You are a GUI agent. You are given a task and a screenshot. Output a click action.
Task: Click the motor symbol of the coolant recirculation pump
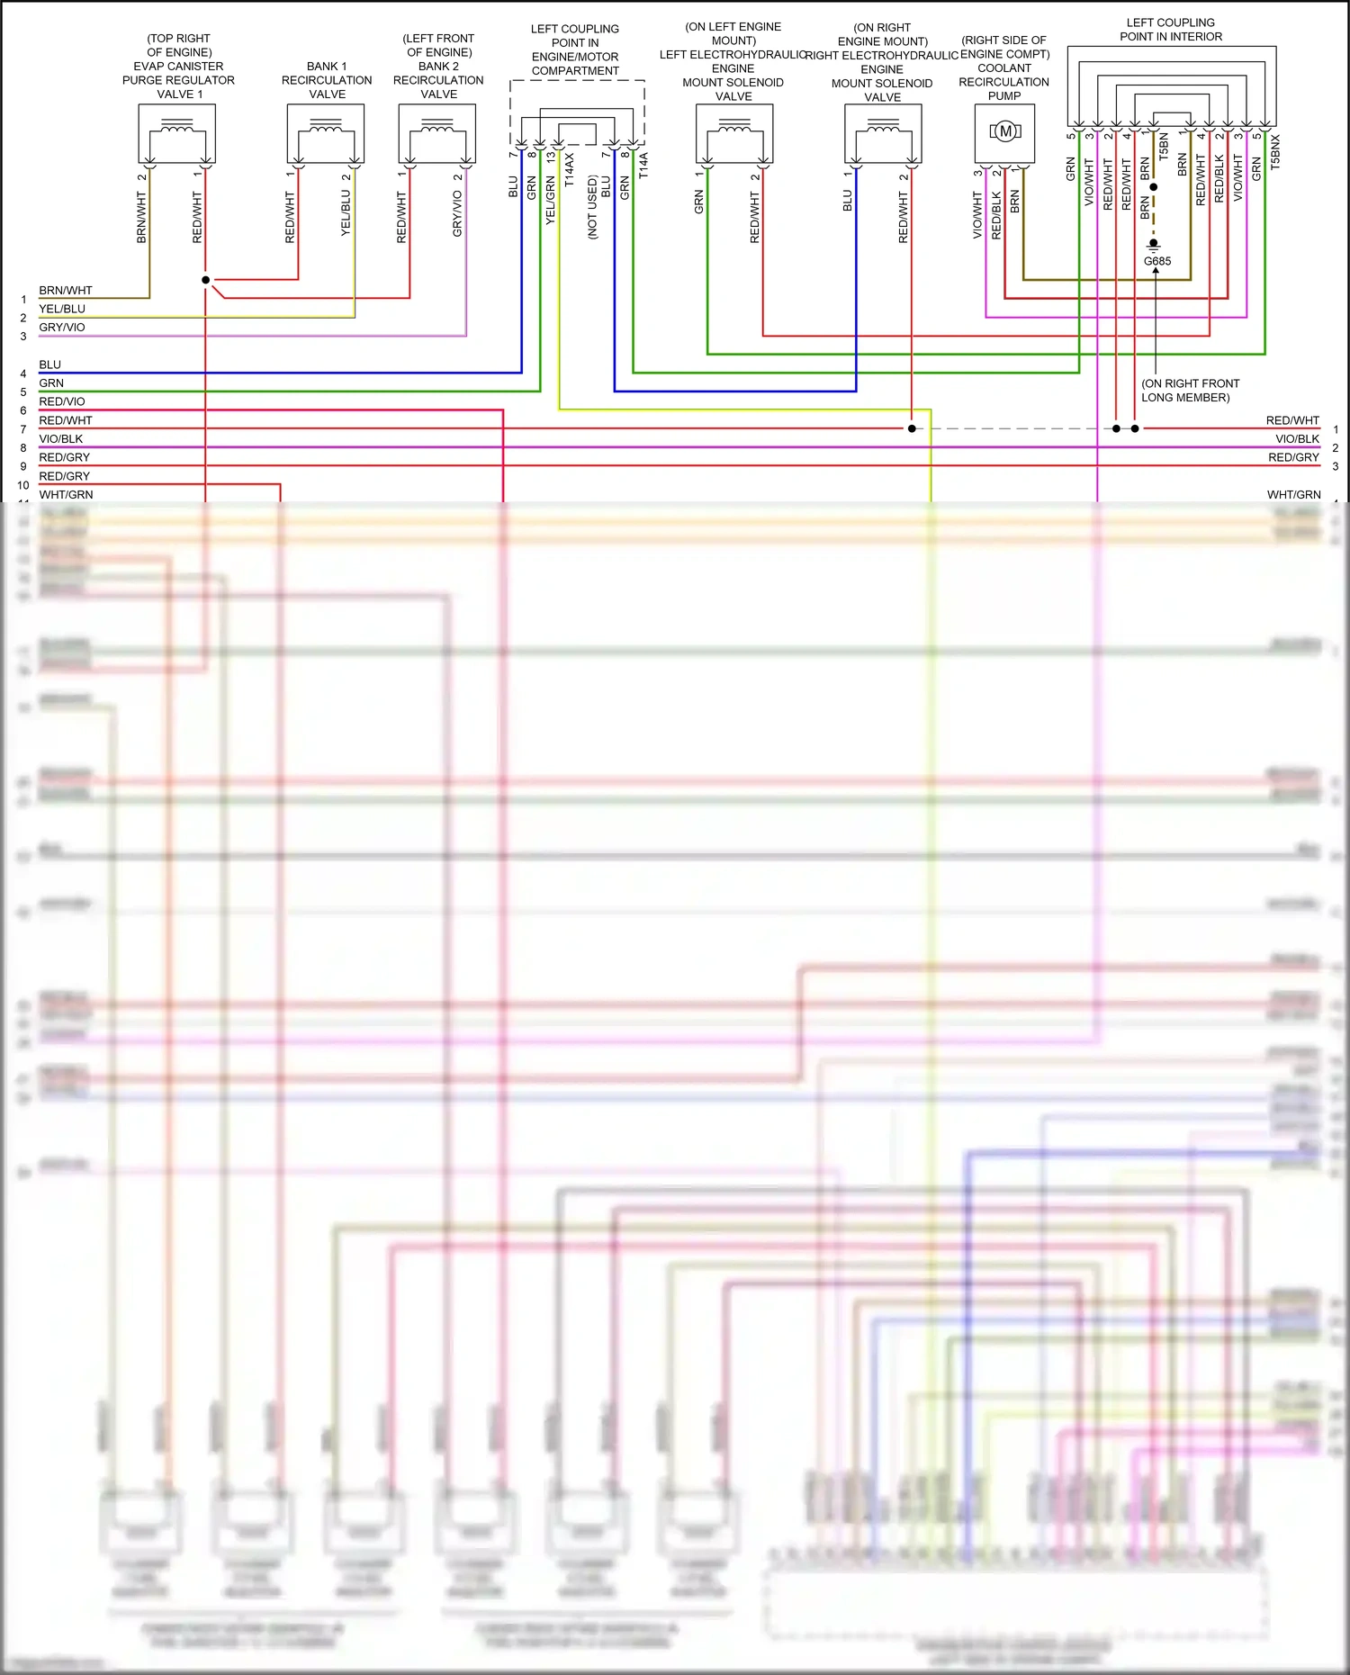pyautogui.click(x=1004, y=132)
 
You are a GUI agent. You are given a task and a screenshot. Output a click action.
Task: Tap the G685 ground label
pyautogui.click(x=1157, y=261)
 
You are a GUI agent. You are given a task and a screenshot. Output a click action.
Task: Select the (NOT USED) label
pyautogui.click(x=592, y=207)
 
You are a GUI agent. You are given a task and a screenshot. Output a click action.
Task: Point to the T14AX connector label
pyautogui.click(x=569, y=170)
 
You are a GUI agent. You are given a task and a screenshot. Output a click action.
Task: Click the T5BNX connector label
pyautogui.click(x=1275, y=152)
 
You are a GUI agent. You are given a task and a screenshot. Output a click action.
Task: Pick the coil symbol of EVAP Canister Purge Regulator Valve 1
pyautogui.click(x=176, y=133)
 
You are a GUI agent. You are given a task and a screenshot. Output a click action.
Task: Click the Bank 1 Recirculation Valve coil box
pyautogui.click(x=326, y=133)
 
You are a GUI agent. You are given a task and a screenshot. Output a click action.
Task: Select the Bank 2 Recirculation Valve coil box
pyautogui.click(x=437, y=133)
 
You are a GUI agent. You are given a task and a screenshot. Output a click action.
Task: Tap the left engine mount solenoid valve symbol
pyautogui.click(x=734, y=133)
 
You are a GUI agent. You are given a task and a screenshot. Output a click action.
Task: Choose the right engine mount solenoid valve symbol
pyautogui.click(x=883, y=133)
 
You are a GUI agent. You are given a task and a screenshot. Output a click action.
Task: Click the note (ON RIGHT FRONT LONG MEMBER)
pyautogui.click(x=1190, y=391)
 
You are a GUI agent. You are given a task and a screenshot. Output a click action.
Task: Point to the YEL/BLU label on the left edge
pyautogui.click(x=62, y=309)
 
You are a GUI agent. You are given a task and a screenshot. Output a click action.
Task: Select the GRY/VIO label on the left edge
pyautogui.click(x=62, y=328)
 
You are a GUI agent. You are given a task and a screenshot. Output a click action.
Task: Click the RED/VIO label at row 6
pyautogui.click(x=62, y=401)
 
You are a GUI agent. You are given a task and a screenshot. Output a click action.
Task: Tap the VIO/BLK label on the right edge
pyautogui.click(x=1297, y=439)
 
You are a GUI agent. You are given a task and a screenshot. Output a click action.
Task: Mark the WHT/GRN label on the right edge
pyautogui.click(x=1293, y=495)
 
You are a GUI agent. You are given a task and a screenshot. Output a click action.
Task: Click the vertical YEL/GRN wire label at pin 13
pyautogui.click(x=550, y=200)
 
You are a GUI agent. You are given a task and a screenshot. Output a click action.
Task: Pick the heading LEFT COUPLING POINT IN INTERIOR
pyautogui.click(x=1171, y=30)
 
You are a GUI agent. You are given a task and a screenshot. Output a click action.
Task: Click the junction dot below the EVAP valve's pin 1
pyautogui.click(x=206, y=280)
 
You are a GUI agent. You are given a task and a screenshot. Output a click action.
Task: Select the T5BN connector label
pyautogui.click(x=1164, y=146)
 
